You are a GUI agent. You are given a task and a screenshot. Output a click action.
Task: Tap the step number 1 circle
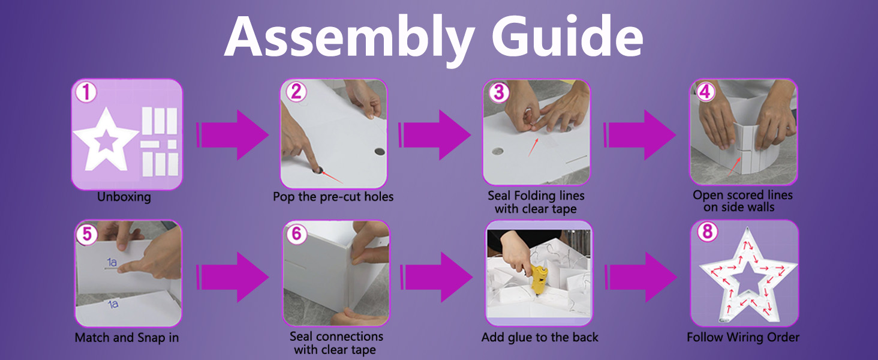[86, 92]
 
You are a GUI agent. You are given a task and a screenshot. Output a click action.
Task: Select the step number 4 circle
[706, 92]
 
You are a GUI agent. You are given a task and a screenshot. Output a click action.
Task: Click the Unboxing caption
[124, 197]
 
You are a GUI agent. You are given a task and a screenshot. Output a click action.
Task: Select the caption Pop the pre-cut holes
[333, 197]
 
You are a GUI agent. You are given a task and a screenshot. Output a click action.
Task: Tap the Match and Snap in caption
[127, 338]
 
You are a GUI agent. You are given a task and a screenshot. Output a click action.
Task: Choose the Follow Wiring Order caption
[743, 338]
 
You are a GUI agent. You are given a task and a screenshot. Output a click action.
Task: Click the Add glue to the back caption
[540, 338]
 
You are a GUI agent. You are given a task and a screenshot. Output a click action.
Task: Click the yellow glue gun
[533, 276]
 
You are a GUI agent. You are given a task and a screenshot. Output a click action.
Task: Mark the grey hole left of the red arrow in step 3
[497, 151]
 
